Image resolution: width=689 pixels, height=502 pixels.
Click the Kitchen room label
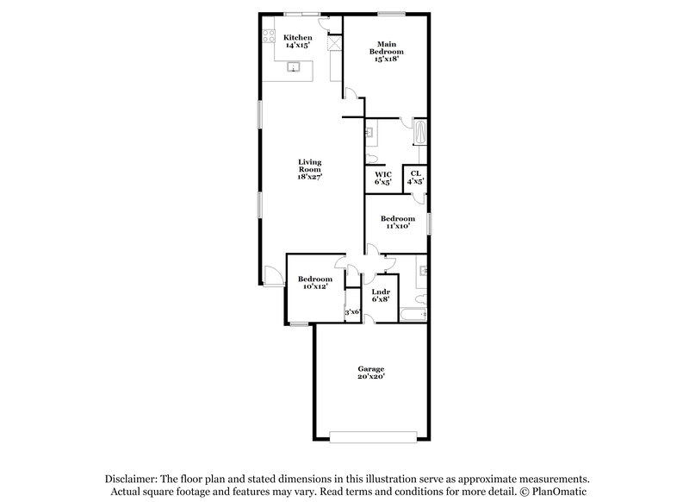(298, 37)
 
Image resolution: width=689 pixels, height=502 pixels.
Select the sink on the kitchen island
(293, 66)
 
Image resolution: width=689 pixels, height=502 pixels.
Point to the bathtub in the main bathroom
(420, 132)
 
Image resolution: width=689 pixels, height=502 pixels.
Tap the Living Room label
(309, 166)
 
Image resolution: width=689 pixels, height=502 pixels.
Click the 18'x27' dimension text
(309, 176)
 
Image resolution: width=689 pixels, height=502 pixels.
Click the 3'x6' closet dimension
(351, 312)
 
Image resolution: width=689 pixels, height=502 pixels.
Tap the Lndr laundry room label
(381, 292)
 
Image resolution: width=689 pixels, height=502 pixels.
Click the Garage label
(371, 370)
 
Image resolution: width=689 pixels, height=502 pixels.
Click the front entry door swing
(271, 277)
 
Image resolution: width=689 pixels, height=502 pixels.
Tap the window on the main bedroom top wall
(391, 12)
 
